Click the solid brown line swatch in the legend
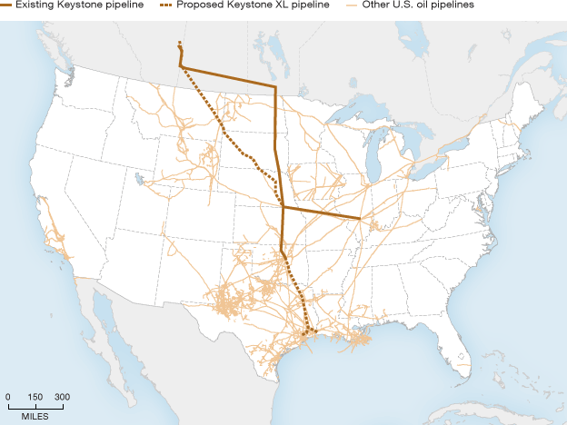tap(6, 5)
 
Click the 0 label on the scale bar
tap(8, 397)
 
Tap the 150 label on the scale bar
tap(35, 397)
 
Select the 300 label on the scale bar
tap(62, 397)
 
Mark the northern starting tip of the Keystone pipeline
tap(180, 43)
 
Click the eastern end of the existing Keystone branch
tap(361, 219)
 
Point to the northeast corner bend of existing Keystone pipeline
tap(274, 87)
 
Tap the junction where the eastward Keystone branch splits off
tap(283, 208)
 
